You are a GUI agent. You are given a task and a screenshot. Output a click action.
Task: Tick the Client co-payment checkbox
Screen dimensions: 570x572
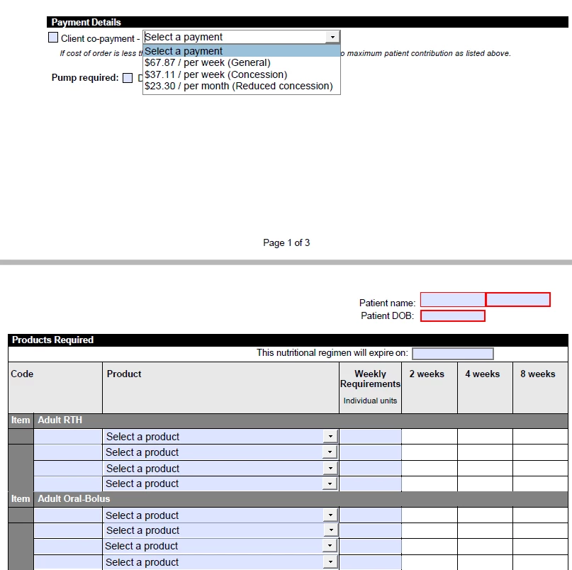point(53,38)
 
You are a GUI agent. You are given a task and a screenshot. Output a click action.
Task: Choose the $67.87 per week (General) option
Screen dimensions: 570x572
point(207,62)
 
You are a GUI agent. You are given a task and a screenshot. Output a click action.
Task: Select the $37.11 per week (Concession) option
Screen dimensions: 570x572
point(215,74)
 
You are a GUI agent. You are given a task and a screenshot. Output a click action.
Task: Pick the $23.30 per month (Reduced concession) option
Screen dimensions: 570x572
point(238,86)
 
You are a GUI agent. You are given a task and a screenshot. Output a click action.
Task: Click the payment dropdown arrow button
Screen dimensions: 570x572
point(332,38)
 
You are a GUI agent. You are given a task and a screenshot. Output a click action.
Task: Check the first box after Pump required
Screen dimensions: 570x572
point(128,78)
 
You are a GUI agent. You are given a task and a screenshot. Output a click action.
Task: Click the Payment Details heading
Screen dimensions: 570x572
point(86,22)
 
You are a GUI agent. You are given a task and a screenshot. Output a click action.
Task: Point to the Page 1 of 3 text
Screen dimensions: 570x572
point(286,242)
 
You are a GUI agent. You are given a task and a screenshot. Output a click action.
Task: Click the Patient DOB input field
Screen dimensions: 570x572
point(452,315)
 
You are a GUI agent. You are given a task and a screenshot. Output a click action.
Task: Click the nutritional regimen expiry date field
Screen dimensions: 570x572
point(452,353)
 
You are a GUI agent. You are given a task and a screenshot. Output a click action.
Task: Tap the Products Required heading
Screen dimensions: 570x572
point(53,340)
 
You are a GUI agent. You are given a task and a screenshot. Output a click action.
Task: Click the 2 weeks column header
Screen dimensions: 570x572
point(427,374)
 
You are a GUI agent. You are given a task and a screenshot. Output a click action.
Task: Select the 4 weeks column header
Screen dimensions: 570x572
point(483,374)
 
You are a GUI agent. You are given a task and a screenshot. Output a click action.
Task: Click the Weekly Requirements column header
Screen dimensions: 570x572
point(370,379)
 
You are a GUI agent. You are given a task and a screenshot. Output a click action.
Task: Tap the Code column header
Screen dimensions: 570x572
point(22,374)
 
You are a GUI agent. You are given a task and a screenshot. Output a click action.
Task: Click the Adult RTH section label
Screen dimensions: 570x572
point(60,420)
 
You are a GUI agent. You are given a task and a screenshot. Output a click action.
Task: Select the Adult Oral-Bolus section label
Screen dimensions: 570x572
point(74,498)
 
